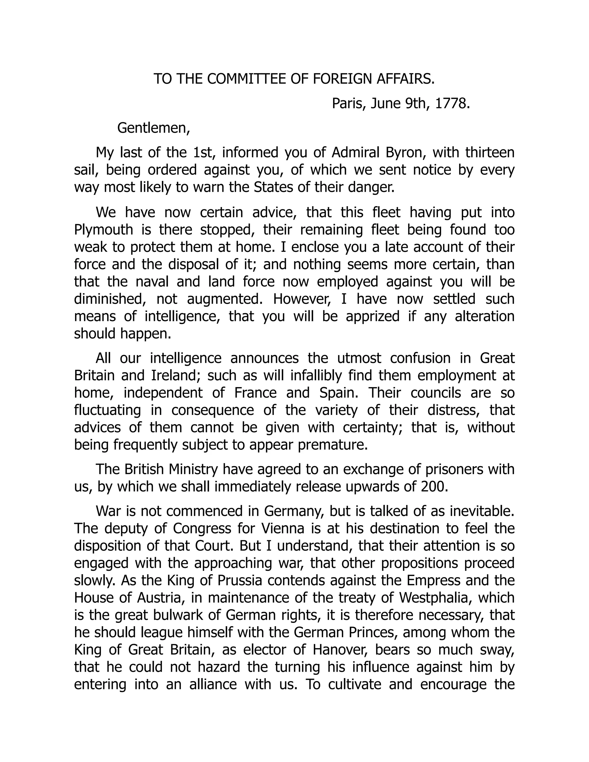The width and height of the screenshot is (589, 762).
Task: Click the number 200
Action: (x=434, y=487)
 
